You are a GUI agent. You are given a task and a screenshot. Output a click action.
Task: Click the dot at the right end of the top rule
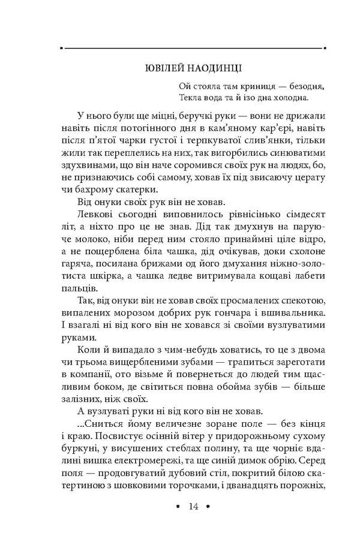coord(325,47)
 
